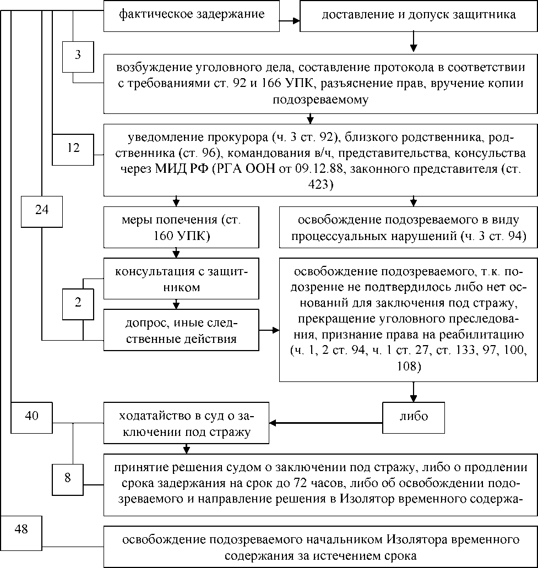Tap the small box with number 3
click(x=78, y=56)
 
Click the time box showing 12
click(x=73, y=148)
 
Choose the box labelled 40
click(x=32, y=416)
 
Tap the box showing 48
click(x=21, y=529)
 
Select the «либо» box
click(x=414, y=416)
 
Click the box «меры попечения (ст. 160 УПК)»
click(x=181, y=228)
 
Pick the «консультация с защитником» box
click(x=181, y=279)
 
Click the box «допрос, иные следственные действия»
click(x=181, y=330)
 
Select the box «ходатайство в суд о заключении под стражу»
click(x=186, y=423)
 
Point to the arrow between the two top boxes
click(x=290, y=21)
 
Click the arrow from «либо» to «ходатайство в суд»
click(x=325, y=423)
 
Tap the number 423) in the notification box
click(x=320, y=185)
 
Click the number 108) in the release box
click(x=408, y=366)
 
